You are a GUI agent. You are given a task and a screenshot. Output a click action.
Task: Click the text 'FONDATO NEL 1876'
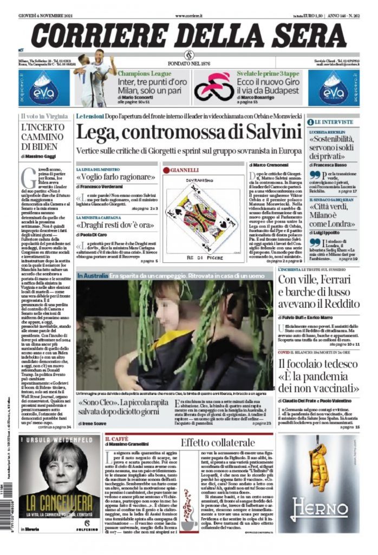(x=189, y=62)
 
